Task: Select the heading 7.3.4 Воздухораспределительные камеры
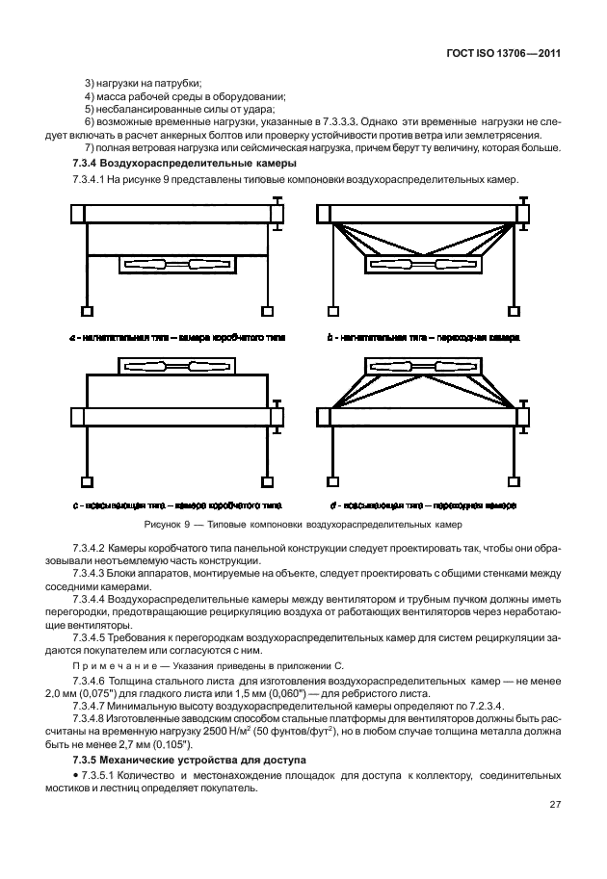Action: [159, 166]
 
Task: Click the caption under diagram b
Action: [425, 339]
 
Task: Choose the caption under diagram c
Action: [176, 504]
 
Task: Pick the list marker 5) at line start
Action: [90, 111]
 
